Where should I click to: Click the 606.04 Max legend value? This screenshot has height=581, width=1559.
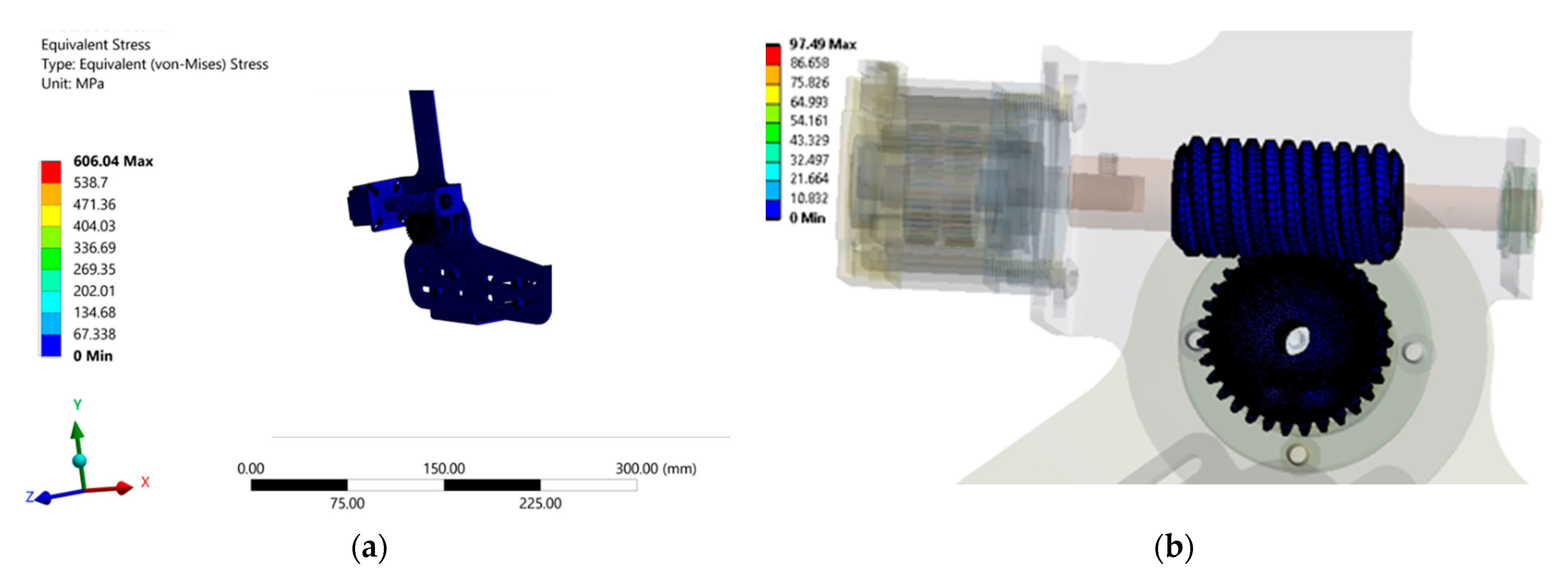[x=113, y=161]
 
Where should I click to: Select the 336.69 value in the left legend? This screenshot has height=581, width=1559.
[x=95, y=247]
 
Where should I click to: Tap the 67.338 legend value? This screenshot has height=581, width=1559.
[x=95, y=334]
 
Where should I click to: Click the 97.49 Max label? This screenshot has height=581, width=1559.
[x=822, y=44]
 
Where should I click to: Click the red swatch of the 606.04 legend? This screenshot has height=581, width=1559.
[x=51, y=172]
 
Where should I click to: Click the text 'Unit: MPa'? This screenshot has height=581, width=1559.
[x=73, y=83]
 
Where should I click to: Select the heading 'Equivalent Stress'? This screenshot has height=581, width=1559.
[x=96, y=45]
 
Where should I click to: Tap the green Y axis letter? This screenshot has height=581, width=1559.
[x=78, y=404]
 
